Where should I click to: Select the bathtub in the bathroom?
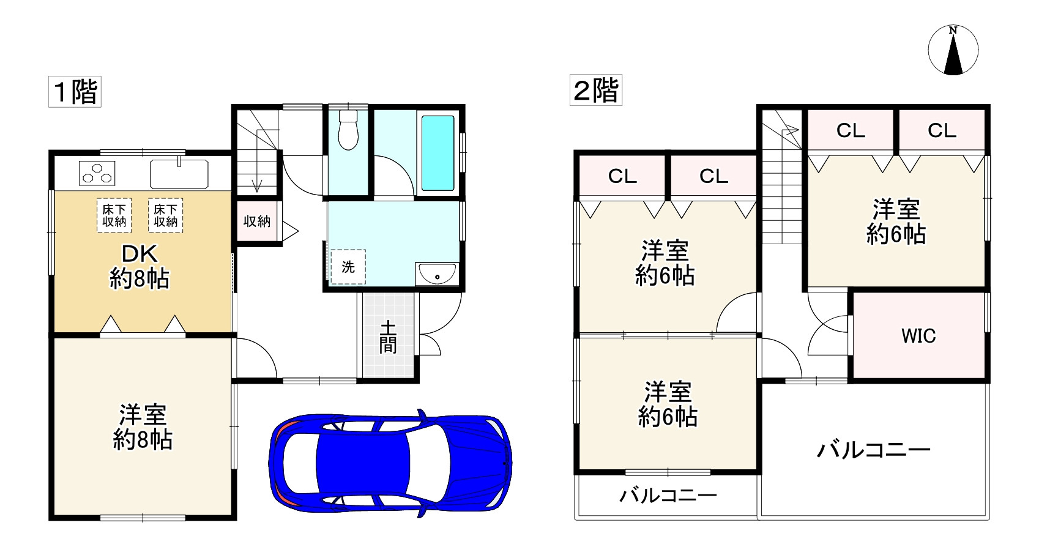click(x=438, y=152)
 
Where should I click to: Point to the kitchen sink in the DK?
click(x=179, y=174)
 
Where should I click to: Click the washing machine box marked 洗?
click(x=348, y=267)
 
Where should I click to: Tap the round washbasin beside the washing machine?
click(x=437, y=275)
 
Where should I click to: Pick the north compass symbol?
click(x=953, y=51)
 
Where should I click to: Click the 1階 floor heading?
click(x=75, y=92)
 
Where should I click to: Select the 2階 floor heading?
click(x=595, y=91)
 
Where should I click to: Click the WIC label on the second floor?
click(x=918, y=335)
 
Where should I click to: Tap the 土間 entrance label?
click(x=388, y=337)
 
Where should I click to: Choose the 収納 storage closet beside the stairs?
click(x=257, y=221)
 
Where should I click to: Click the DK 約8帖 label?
click(x=140, y=266)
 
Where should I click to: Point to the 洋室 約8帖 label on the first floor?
click(x=143, y=427)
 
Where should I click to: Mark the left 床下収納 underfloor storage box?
click(x=114, y=215)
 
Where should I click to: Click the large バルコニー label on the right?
click(x=873, y=450)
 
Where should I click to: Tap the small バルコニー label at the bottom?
click(x=668, y=495)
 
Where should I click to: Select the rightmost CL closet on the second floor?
click(x=942, y=130)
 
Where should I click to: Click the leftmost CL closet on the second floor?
click(x=622, y=176)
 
